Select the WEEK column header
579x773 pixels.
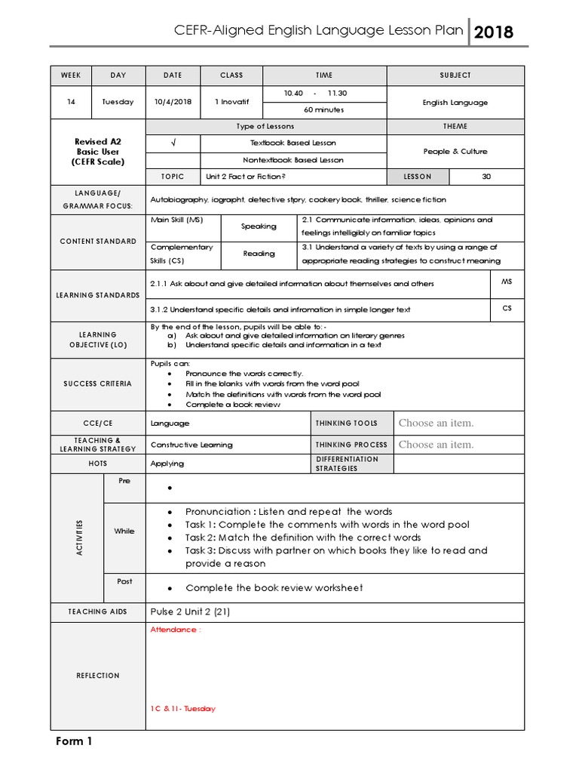[x=70, y=75]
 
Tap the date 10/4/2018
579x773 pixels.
[x=173, y=102]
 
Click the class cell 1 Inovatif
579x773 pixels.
[x=231, y=102]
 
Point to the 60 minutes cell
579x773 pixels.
[x=324, y=110]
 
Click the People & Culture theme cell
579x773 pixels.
[x=455, y=151]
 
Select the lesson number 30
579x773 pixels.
[x=486, y=176]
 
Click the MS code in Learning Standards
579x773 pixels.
[x=506, y=281]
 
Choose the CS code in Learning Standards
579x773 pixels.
[x=506, y=308]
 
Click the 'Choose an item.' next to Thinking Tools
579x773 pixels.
[x=436, y=423]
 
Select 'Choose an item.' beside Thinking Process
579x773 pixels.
[x=436, y=445]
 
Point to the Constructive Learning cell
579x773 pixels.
[x=191, y=445]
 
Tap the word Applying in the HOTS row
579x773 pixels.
[x=167, y=463]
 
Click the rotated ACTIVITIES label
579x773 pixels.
[x=78, y=537]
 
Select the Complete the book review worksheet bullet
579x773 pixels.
[x=274, y=587]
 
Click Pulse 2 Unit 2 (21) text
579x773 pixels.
[x=190, y=611]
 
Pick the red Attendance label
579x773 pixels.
[x=176, y=630]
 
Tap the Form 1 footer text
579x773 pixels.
[x=74, y=741]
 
